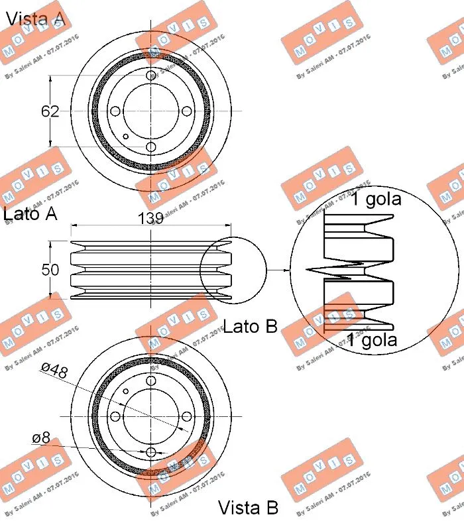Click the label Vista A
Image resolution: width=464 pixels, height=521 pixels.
coord(36,18)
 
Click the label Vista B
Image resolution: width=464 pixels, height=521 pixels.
coord(249,508)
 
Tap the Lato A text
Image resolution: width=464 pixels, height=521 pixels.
coord(30,213)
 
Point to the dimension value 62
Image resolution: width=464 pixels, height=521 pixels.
coord(50,111)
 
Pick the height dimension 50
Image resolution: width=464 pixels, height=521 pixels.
coord(50,270)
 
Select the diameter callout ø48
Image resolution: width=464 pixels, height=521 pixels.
coord(54,372)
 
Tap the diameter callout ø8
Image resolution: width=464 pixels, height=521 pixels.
coord(41,437)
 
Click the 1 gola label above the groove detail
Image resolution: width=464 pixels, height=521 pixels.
coord(375,199)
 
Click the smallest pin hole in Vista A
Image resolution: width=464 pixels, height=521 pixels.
coord(126,137)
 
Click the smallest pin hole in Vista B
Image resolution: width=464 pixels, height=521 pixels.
coord(126,390)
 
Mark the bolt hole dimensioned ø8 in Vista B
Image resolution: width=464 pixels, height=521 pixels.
coord(151,452)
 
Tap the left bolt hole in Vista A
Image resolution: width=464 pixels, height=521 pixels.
coord(115,111)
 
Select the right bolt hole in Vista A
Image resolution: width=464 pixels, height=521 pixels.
coord(187,111)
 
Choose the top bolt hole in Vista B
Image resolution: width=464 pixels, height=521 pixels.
coord(151,380)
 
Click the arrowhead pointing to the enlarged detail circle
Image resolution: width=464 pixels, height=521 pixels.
coord(286,270)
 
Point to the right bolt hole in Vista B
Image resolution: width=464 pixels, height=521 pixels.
coord(187,416)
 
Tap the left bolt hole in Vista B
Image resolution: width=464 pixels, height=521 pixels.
coord(115,416)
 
